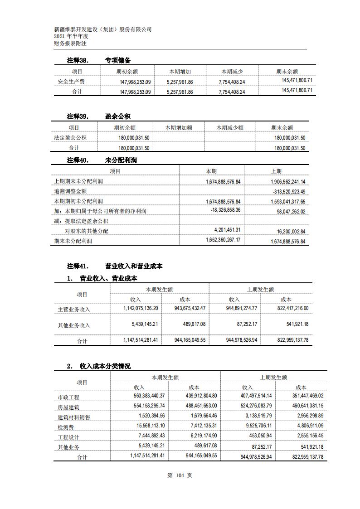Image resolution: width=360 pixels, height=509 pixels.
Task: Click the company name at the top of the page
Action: point(102,29)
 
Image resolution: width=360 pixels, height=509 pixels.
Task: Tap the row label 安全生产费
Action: point(71,82)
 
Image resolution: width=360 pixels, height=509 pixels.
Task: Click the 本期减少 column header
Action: point(232,72)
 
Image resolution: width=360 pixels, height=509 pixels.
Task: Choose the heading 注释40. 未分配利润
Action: point(102,160)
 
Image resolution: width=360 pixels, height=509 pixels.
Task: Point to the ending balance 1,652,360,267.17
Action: point(223,240)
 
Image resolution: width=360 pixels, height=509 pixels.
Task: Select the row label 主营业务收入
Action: point(74,310)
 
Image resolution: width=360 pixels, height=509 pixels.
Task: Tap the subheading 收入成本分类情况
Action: point(105,366)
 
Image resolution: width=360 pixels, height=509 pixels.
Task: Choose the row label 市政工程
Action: point(68,398)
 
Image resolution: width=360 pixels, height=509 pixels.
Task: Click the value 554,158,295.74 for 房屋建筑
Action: point(144,406)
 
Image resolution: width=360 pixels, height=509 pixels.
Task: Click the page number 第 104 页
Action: point(180,475)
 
